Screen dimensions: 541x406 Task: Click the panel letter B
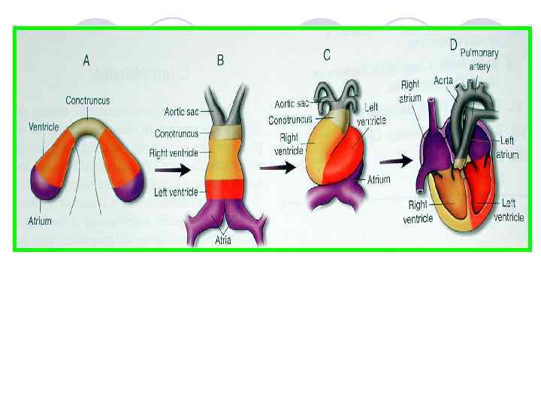click(x=220, y=59)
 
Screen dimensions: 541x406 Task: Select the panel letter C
click(x=327, y=55)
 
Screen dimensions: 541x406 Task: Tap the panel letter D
click(x=453, y=45)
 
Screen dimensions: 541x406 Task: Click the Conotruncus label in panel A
click(x=87, y=100)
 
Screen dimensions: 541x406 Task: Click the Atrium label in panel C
click(x=379, y=180)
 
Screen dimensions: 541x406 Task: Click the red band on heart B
click(x=222, y=189)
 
